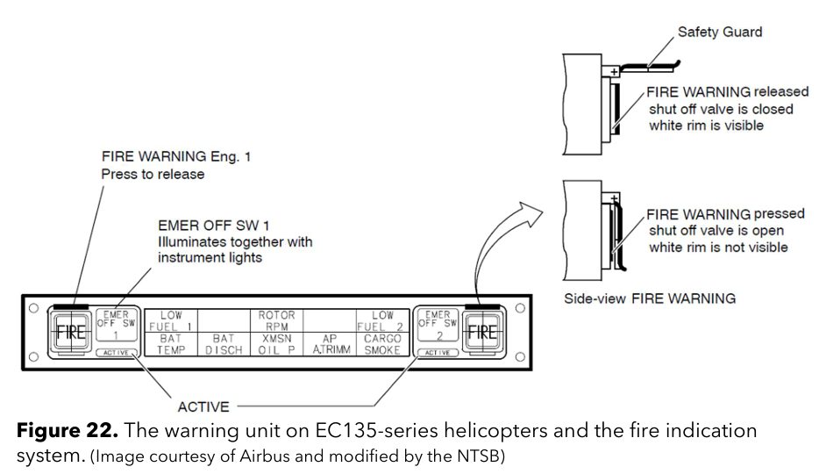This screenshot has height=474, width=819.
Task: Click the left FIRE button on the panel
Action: (x=69, y=333)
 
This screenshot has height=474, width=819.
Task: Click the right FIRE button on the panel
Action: (x=481, y=333)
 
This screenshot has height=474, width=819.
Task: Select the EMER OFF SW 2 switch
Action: (x=436, y=323)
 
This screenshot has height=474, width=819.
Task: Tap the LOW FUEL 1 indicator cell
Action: (x=171, y=320)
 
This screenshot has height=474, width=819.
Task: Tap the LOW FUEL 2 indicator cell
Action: (x=383, y=320)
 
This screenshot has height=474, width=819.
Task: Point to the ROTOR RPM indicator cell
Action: (x=277, y=320)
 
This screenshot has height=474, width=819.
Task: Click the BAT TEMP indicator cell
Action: (x=171, y=343)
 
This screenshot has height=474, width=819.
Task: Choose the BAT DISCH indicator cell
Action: (x=224, y=343)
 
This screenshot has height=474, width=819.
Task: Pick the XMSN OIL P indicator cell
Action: (x=277, y=343)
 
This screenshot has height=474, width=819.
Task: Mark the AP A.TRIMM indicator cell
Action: (x=330, y=343)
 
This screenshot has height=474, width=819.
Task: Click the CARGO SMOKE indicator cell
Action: (x=383, y=343)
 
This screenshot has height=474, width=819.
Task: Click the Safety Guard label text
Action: (x=720, y=32)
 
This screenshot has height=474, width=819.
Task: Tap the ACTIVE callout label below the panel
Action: (x=203, y=406)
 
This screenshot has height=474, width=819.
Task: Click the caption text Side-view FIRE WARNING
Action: (x=649, y=298)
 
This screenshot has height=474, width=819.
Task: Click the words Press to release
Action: (x=153, y=174)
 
